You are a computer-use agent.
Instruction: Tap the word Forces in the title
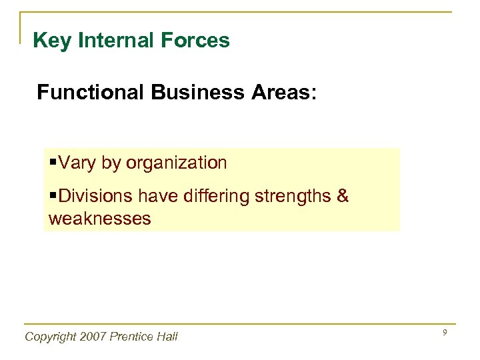click(x=199, y=41)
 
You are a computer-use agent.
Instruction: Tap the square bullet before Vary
click(x=53, y=163)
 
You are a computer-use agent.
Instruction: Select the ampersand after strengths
click(x=343, y=197)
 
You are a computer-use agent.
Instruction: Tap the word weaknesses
click(x=100, y=218)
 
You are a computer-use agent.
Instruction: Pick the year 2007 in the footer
click(x=95, y=337)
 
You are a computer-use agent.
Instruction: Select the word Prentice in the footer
click(x=134, y=337)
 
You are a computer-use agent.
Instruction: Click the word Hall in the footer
click(x=167, y=337)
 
